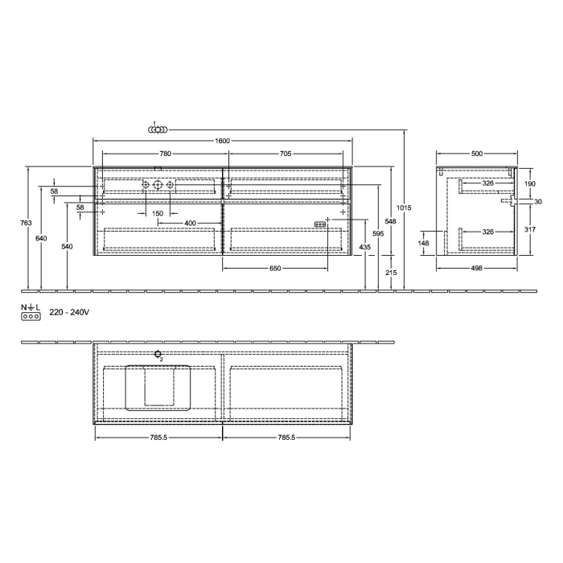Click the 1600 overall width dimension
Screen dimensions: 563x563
point(223,141)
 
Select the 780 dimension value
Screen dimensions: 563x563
point(165,153)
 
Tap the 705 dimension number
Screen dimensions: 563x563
point(285,153)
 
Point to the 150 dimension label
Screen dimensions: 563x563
point(158,213)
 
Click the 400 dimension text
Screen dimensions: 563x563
point(190,223)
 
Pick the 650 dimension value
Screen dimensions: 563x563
point(275,268)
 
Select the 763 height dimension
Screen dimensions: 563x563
point(27,223)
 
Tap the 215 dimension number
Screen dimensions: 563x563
point(392,273)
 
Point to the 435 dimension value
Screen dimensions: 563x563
point(366,247)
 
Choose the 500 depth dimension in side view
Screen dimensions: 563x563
point(477,153)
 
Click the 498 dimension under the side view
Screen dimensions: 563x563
point(477,268)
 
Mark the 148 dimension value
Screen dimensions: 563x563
point(424,242)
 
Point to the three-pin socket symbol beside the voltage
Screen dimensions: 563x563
point(31,317)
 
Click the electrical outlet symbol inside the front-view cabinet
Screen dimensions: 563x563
point(319,224)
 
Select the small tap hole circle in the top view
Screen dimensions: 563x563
point(158,353)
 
